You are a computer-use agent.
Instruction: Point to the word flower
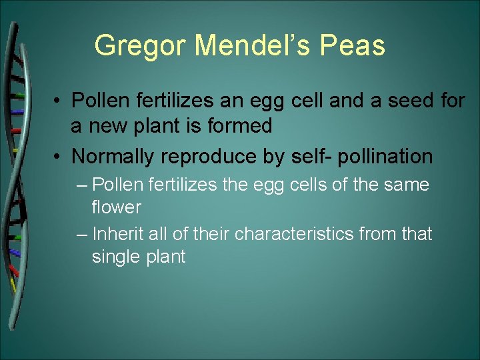(116, 207)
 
